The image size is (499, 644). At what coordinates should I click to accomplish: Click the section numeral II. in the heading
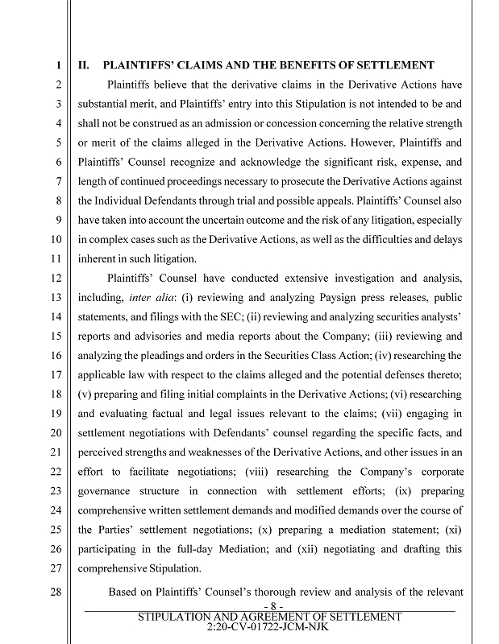(x=83, y=65)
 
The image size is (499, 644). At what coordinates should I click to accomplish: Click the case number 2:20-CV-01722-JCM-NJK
(x=269, y=625)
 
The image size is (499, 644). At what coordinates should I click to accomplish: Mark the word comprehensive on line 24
(x=117, y=510)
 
